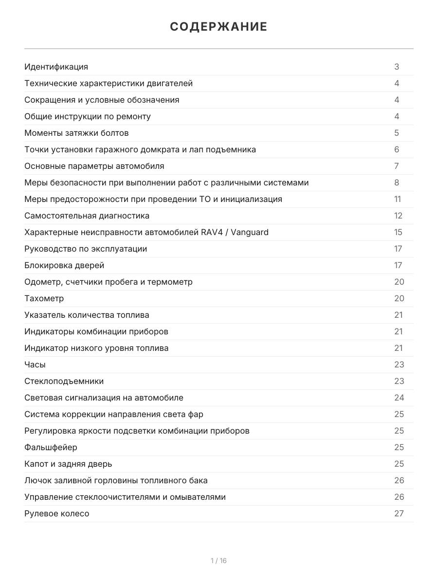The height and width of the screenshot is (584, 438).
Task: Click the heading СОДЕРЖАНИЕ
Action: point(219,27)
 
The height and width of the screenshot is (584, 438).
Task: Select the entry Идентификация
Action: point(56,67)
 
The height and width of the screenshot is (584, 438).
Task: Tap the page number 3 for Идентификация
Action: point(397,67)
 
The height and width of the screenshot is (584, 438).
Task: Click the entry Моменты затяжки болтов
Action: point(76,133)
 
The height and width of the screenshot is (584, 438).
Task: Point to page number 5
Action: point(397,133)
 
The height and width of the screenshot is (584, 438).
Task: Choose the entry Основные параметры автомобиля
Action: point(94,166)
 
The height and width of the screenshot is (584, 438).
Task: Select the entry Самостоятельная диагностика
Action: point(87,216)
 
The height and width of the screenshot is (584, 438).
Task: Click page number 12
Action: point(398,216)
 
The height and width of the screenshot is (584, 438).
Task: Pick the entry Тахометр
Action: point(44,298)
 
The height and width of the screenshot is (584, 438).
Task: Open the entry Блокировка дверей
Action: point(64,265)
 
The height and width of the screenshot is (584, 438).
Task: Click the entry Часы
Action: point(35,365)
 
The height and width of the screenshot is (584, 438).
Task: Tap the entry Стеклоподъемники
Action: point(64,381)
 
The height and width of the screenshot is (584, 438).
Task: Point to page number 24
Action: point(399,398)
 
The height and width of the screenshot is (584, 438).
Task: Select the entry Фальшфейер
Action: point(51,447)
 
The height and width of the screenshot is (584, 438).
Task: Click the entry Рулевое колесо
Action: point(56,513)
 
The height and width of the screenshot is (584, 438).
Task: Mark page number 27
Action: point(399,513)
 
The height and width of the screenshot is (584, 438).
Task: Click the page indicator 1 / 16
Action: point(219,561)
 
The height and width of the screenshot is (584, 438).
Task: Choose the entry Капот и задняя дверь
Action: point(68,464)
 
